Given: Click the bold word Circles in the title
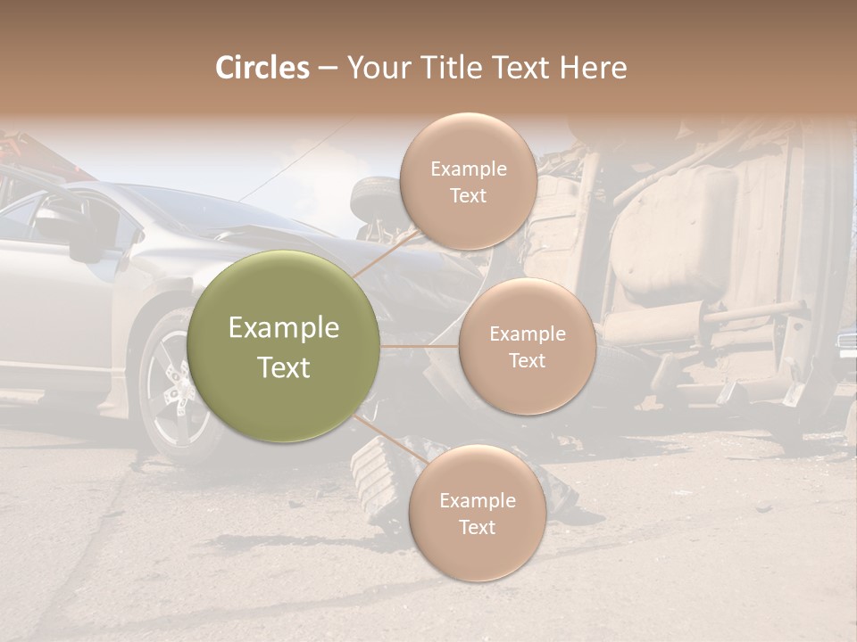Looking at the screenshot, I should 262,68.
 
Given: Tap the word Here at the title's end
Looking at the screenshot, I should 593,68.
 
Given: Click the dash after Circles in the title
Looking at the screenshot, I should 328,69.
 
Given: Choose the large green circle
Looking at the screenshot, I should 284,346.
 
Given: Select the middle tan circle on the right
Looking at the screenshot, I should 527,346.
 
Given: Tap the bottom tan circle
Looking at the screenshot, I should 477,513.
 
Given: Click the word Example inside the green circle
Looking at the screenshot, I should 284,328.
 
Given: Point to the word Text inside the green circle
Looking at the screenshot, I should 284,366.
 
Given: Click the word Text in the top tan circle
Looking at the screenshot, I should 468,195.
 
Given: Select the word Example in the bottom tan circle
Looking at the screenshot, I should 478,500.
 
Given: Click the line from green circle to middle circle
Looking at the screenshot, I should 420,346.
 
